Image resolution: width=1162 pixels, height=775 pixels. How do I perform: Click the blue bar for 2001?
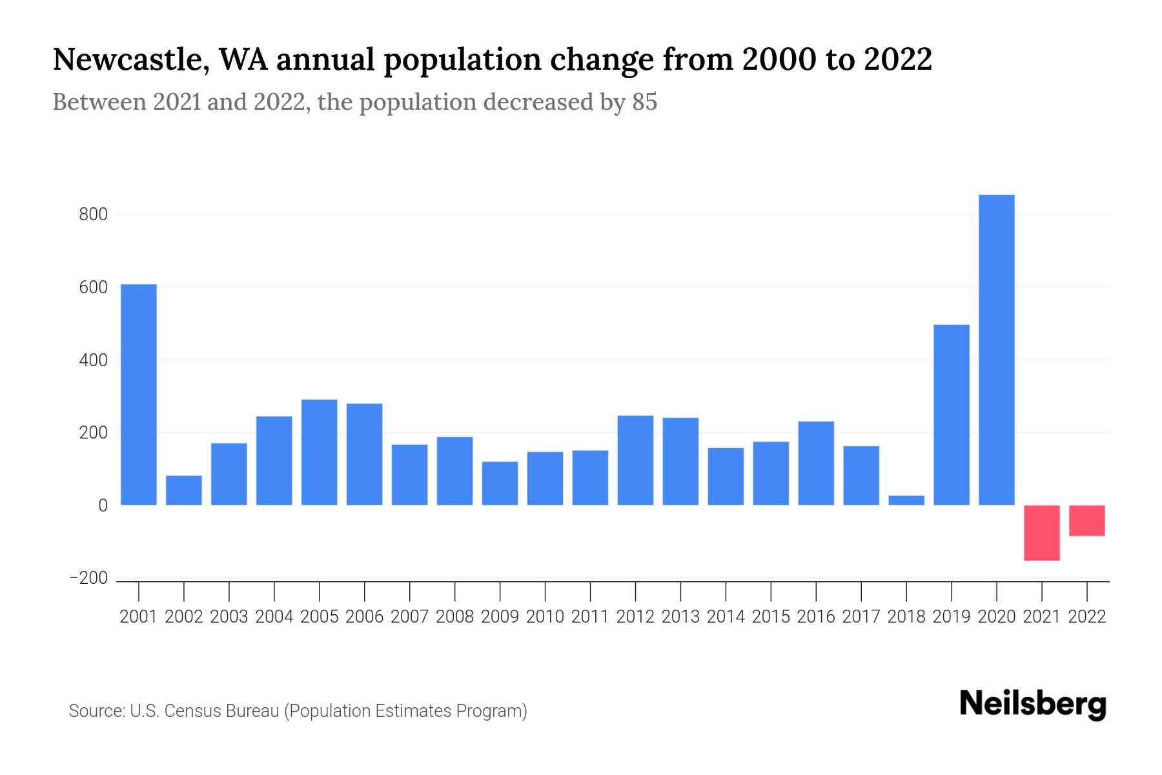[x=139, y=395]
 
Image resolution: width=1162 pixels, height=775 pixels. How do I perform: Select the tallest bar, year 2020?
[x=997, y=349]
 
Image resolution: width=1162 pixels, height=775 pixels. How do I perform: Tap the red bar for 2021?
[x=1042, y=533]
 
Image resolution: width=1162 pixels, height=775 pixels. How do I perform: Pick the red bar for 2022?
[x=1087, y=521]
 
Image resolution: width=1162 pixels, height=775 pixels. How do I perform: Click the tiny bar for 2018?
[x=906, y=501]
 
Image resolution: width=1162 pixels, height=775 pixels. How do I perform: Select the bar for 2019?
[x=952, y=415]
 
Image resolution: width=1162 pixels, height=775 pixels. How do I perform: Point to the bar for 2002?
[x=184, y=490]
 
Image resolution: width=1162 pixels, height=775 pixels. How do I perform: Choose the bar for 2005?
[x=320, y=452]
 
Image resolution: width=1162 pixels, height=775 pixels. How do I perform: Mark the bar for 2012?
[x=635, y=460]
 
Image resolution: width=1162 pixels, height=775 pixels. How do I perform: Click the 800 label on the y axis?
[x=93, y=214]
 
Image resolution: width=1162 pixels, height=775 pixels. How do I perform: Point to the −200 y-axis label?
[x=88, y=578]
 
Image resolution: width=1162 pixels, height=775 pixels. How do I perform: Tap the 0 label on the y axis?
[x=103, y=506]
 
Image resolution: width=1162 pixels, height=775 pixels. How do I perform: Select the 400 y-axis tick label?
[x=93, y=360]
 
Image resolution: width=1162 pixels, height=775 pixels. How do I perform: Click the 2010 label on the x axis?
[x=545, y=617]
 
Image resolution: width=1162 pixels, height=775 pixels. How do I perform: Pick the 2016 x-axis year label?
[x=816, y=617]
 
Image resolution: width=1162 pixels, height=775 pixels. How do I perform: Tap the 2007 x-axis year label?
[x=409, y=617]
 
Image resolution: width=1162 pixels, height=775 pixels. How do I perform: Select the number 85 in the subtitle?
[x=644, y=102]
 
